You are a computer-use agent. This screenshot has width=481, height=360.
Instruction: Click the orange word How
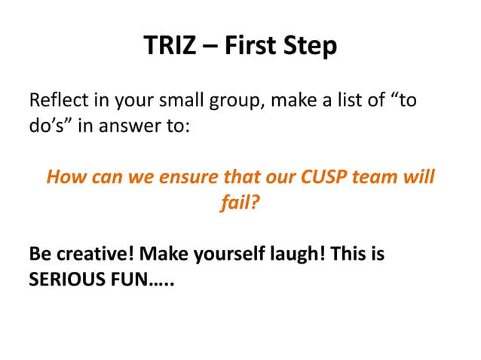[x=65, y=178]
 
